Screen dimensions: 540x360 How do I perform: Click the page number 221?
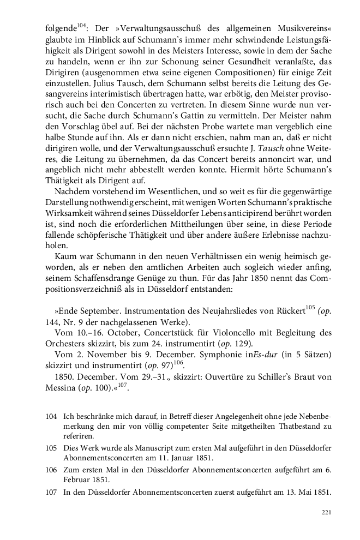326,512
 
